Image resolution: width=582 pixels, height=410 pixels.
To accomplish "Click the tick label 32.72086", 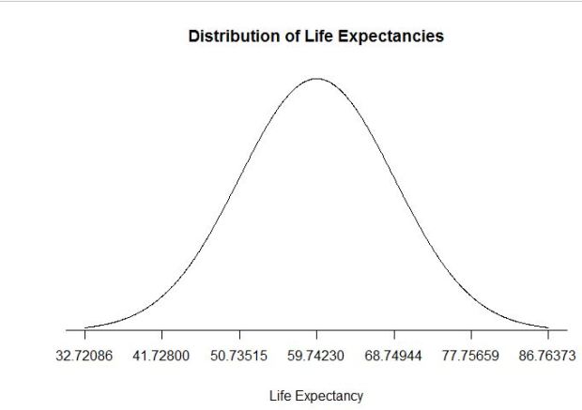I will (x=84, y=358).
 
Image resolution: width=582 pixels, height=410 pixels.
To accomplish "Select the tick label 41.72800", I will (x=161, y=358).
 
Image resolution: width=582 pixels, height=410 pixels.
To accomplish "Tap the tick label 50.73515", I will (x=239, y=358).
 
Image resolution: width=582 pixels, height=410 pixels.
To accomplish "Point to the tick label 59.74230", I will (x=316, y=358).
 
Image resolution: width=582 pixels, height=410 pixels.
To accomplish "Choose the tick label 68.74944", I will (x=394, y=358).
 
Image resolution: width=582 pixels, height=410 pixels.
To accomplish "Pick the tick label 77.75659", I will (x=471, y=358).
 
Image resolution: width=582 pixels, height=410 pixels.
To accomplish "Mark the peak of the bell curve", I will (x=316, y=79).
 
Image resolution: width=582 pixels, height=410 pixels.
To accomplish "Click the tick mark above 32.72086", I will (x=84, y=335).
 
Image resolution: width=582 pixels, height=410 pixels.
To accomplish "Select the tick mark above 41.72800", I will (x=161, y=335).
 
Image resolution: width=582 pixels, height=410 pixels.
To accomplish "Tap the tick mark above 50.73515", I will (x=239, y=335).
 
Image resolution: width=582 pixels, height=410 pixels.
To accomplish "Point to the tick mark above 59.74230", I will (x=316, y=335).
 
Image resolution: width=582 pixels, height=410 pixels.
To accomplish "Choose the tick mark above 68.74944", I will (x=394, y=335).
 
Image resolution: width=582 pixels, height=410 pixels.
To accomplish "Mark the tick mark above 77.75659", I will (x=471, y=335).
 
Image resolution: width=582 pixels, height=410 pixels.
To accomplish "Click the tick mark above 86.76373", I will (x=548, y=335).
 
